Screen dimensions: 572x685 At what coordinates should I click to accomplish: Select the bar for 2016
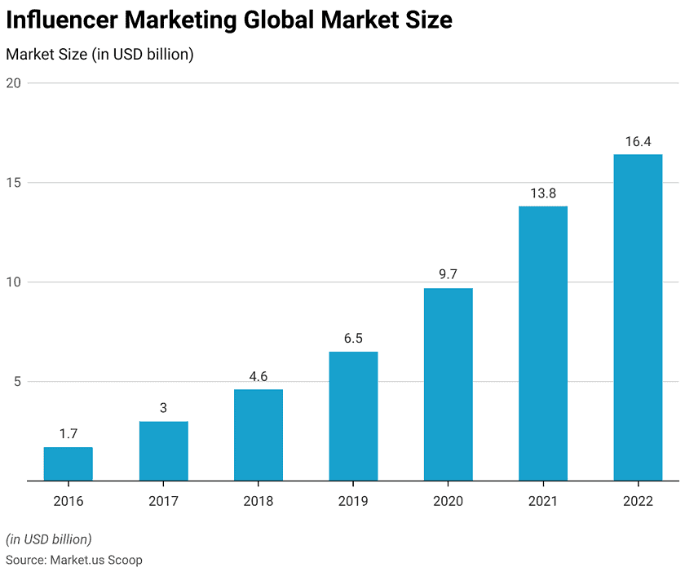point(68,464)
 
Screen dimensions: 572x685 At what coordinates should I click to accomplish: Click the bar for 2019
point(353,416)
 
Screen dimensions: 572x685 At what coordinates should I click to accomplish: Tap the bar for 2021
point(543,344)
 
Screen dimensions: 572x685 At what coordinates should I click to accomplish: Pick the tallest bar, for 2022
point(638,317)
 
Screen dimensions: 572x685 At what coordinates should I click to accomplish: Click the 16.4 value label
point(638,142)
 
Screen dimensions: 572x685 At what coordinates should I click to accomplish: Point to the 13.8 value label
point(543,194)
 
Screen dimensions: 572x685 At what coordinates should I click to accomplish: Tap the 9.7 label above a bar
point(448,275)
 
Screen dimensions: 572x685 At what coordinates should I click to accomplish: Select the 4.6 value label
point(258,377)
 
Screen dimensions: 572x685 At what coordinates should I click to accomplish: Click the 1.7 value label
point(68,434)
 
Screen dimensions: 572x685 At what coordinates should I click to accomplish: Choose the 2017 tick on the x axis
point(163,501)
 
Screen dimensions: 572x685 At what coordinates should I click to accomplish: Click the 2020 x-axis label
point(448,501)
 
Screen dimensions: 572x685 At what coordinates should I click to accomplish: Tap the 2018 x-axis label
point(258,501)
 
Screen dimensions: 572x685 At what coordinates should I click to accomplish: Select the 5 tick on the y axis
point(15,382)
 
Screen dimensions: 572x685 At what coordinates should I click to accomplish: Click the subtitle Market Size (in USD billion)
point(99,55)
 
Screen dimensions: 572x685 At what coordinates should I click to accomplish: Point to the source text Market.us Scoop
point(96,560)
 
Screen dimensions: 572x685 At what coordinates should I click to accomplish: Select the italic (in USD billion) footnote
point(49,539)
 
